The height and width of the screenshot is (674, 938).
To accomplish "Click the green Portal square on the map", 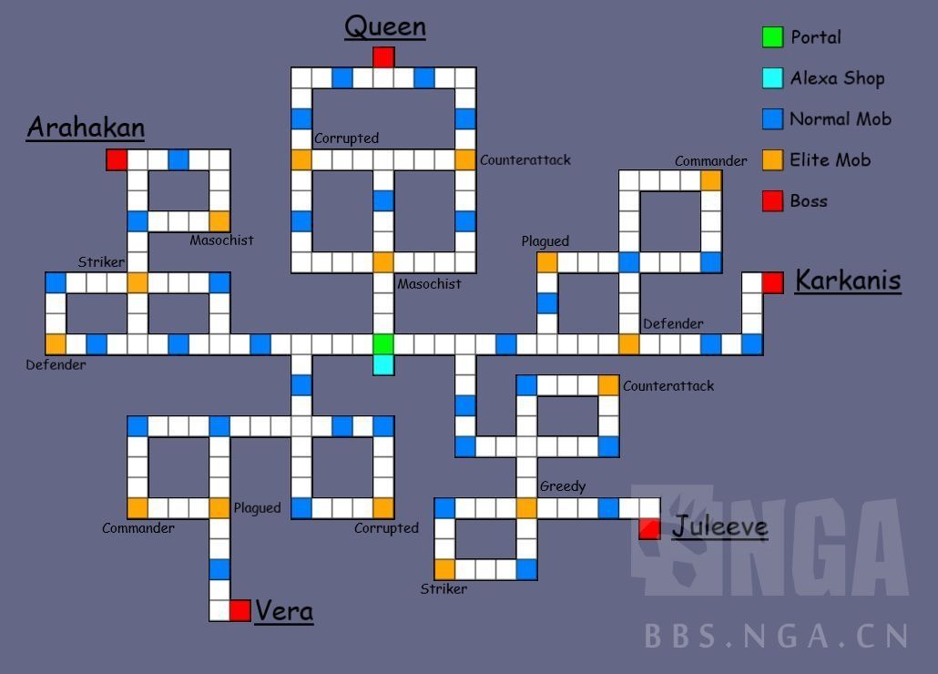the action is point(383,344).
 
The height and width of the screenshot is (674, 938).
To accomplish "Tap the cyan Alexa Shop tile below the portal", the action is point(383,365).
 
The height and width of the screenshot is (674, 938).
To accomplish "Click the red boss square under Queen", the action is point(383,57).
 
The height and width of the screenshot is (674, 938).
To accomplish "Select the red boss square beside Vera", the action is point(240,610).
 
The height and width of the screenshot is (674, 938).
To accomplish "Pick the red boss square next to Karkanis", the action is point(772,282).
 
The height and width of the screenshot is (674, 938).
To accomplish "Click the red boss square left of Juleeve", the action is point(649,528).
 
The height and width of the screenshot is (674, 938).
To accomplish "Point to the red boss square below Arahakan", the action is point(117,159).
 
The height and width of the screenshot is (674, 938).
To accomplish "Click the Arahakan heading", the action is point(87,128).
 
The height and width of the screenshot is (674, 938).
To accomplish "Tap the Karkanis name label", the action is point(848,280).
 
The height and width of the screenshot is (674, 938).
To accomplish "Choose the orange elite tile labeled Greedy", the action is point(526,507).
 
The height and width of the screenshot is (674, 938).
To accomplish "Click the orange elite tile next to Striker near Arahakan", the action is point(137,282).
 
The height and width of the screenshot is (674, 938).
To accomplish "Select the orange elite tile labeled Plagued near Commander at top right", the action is point(546,262).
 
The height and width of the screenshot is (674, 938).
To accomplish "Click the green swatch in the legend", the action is point(772,37).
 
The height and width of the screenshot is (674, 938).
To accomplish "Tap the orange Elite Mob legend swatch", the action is point(772,159).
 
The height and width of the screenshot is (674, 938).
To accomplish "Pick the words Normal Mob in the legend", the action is point(841,119).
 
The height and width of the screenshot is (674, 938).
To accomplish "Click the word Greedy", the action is point(562,486).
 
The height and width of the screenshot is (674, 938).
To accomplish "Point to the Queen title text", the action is point(385,27).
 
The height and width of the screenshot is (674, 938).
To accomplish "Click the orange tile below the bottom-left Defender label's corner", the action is point(56,344).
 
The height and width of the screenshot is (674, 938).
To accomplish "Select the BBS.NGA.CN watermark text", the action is point(777,636).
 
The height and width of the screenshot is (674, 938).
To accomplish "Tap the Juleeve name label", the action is point(719,526).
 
